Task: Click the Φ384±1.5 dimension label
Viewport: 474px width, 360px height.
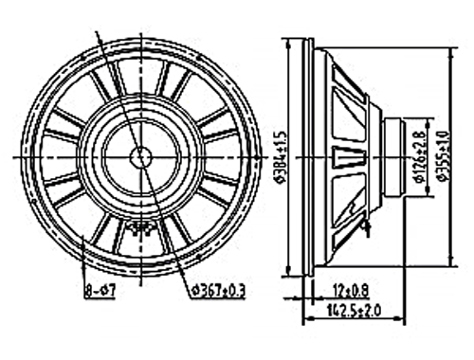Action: click(x=282, y=156)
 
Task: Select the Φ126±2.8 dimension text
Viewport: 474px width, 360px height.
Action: click(x=420, y=157)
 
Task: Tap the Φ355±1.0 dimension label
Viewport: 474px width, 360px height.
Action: click(x=444, y=157)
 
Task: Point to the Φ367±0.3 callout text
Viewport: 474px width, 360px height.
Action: click(x=218, y=290)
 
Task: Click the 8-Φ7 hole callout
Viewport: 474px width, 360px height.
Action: click(x=100, y=290)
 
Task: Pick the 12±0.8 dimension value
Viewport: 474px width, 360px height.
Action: click(x=350, y=290)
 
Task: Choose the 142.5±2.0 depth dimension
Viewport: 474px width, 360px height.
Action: click(x=354, y=311)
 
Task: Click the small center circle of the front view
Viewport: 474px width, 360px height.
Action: click(x=141, y=157)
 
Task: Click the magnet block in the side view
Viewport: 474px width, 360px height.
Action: click(x=394, y=157)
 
